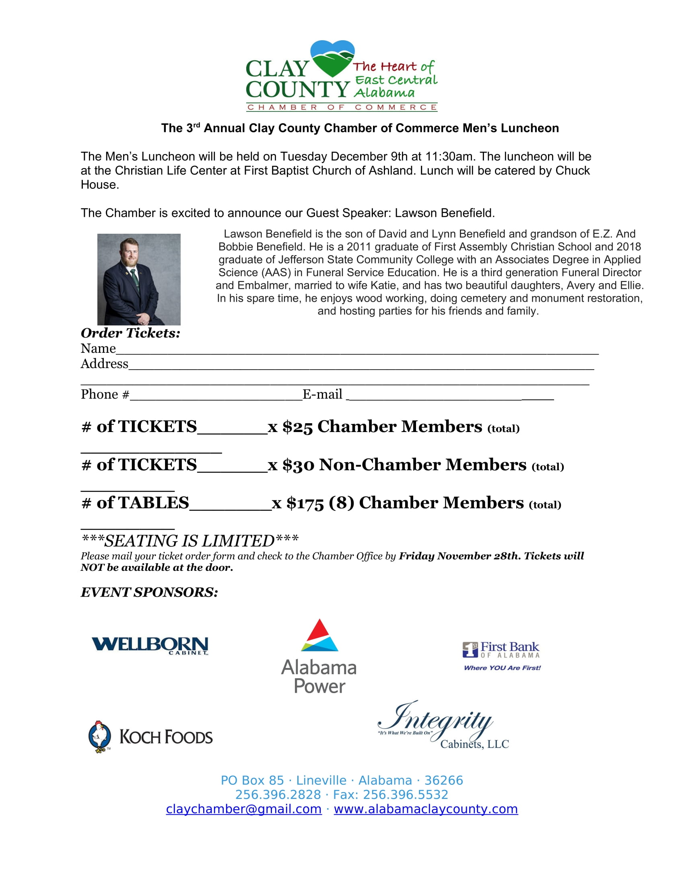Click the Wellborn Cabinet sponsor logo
tap(150, 646)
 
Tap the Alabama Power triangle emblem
tap(320, 637)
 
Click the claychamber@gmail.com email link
tap(243, 809)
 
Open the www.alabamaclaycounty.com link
tap(425, 809)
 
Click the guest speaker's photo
tap(138, 279)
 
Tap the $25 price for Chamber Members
tap(297, 427)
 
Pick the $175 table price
tap(305, 503)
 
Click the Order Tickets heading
tap(130, 333)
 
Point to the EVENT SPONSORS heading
tap(149, 592)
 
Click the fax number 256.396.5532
tap(405, 794)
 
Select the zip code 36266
tap(443, 780)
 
